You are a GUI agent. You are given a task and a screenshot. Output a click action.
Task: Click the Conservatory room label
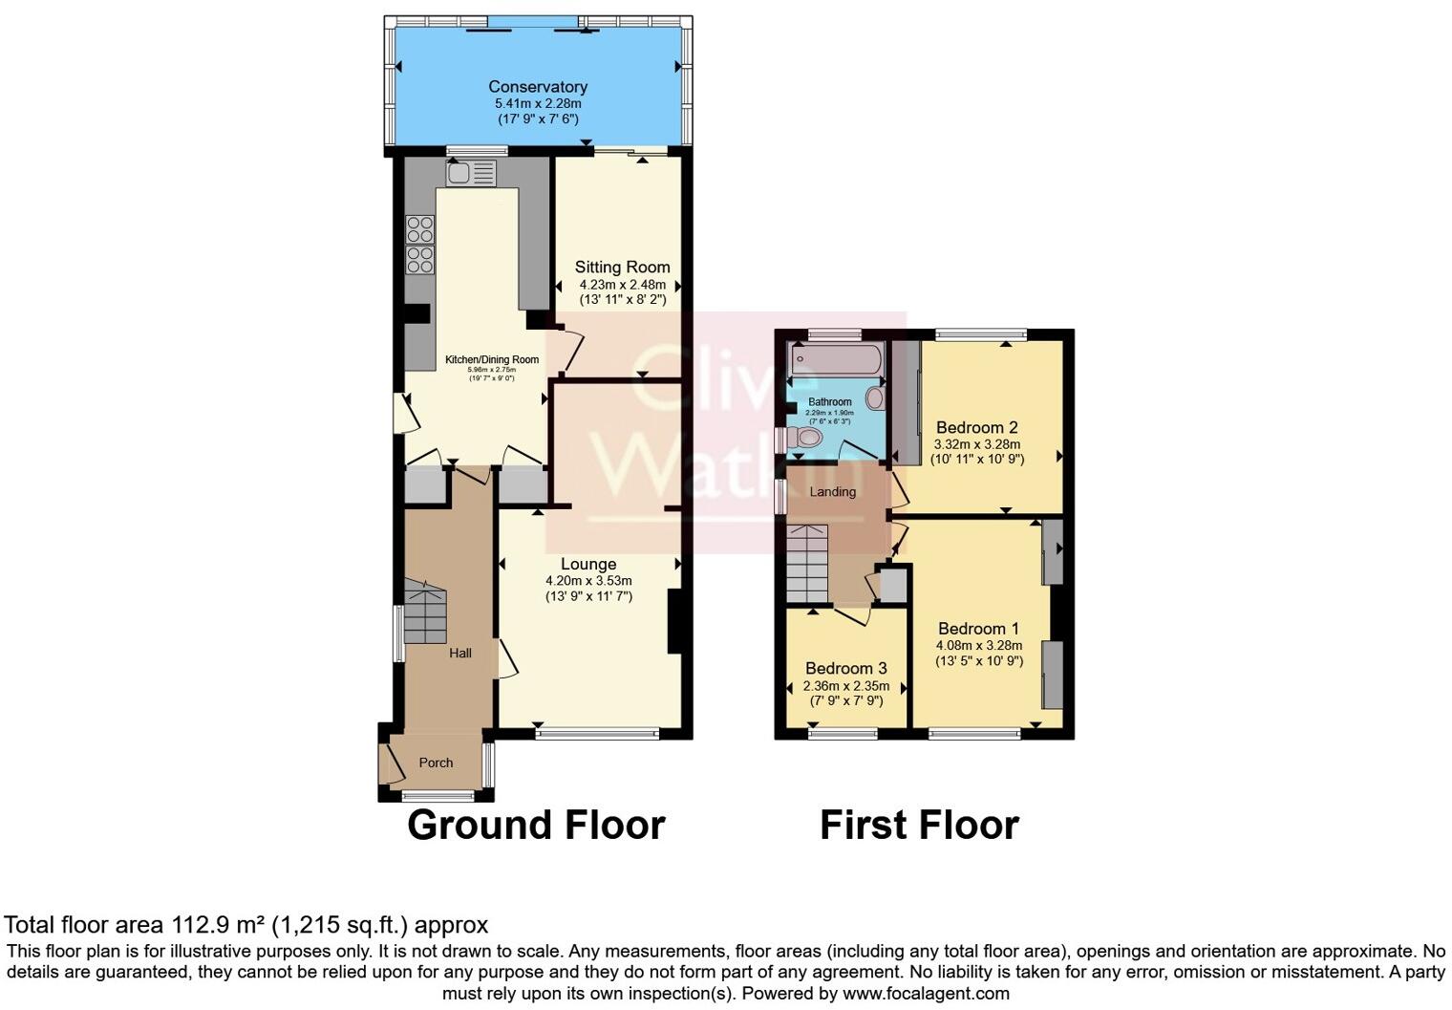click(538, 87)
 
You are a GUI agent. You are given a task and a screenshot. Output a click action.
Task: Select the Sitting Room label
click(622, 267)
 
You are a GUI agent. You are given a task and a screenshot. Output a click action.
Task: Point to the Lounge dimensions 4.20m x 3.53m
click(588, 581)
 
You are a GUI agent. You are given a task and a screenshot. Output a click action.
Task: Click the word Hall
click(460, 654)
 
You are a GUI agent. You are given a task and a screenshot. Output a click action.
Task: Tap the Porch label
click(436, 763)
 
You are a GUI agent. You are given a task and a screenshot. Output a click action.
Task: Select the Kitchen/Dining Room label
click(492, 360)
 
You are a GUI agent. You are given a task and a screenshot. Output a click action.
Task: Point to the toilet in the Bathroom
click(808, 439)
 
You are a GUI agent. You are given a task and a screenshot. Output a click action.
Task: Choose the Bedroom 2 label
click(976, 427)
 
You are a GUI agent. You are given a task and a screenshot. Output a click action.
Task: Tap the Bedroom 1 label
click(978, 628)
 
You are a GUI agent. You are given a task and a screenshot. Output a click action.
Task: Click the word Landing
click(833, 491)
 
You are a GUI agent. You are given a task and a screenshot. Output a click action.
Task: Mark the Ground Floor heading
click(535, 825)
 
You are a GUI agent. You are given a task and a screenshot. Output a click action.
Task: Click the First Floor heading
click(919, 825)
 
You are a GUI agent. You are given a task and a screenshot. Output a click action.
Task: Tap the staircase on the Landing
click(807, 564)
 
